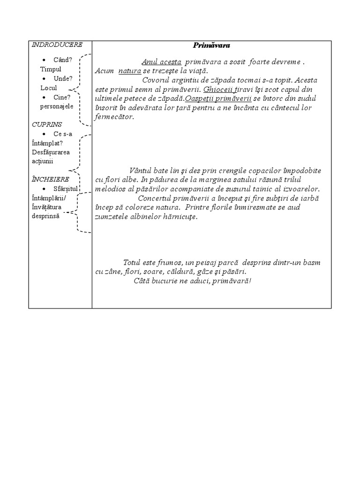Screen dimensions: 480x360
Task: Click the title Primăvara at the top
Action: point(211,45)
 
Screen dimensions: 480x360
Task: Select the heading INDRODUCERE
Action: point(57,45)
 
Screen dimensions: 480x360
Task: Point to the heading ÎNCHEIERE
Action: point(50,179)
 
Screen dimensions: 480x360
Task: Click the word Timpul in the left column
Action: point(51,69)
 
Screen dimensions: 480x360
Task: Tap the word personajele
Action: point(57,106)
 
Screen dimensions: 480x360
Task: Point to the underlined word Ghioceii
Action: point(216,89)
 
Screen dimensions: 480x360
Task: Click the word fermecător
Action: point(114,117)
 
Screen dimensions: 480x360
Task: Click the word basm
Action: point(311,262)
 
